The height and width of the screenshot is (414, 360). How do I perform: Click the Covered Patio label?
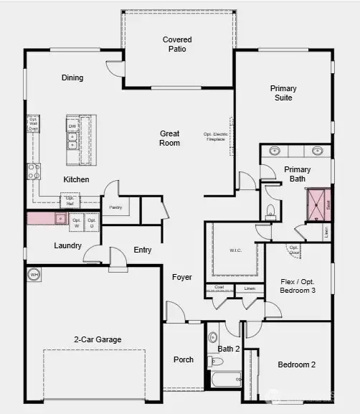click(x=177, y=44)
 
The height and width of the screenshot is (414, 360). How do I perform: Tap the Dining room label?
click(x=72, y=77)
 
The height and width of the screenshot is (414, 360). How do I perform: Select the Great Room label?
click(x=170, y=138)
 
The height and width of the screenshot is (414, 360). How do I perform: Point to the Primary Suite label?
click(x=283, y=93)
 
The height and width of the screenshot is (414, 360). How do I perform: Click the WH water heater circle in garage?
click(x=34, y=274)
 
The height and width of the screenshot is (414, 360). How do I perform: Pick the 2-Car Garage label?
click(x=98, y=339)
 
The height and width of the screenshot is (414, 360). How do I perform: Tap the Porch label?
click(x=184, y=359)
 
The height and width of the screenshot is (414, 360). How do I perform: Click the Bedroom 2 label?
click(x=297, y=364)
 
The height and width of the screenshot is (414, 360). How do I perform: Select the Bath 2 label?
click(x=228, y=349)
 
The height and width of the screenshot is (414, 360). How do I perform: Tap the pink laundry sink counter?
click(x=47, y=219)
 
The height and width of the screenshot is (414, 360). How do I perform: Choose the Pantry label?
click(x=115, y=207)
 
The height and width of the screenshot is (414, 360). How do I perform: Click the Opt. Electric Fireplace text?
click(x=217, y=137)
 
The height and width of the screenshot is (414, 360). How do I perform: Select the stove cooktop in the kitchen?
click(x=34, y=171)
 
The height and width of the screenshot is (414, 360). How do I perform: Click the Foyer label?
click(x=182, y=277)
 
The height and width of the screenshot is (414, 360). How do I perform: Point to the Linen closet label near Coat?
click(x=250, y=288)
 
